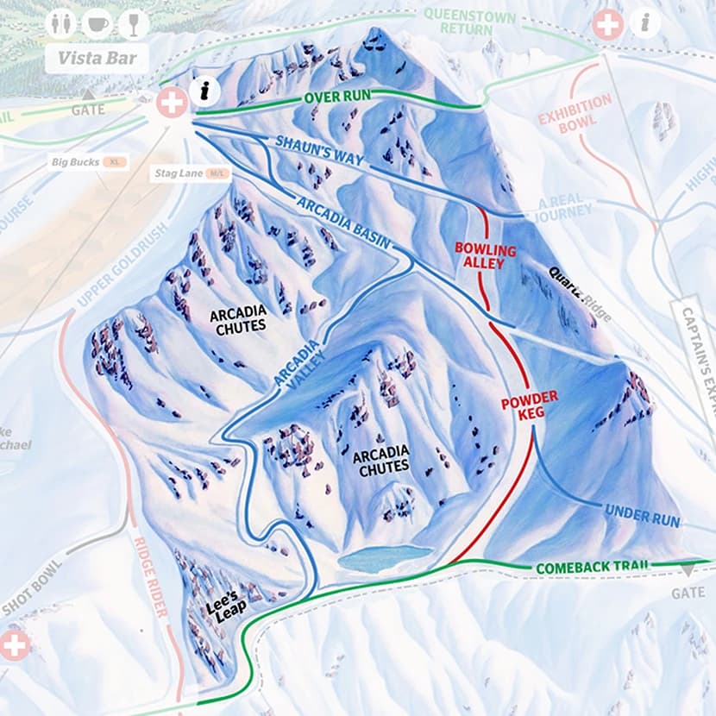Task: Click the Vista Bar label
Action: click(97, 59)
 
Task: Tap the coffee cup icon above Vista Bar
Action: click(97, 23)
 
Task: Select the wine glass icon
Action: click(133, 23)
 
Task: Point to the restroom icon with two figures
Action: click(60, 23)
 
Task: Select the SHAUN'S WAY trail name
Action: click(320, 151)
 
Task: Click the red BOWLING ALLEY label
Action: click(485, 256)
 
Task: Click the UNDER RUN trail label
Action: click(642, 516)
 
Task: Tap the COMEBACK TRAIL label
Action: click(591, 568)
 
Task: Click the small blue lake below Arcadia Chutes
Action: click(385, 557)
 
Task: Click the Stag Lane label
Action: click(179, 174)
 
